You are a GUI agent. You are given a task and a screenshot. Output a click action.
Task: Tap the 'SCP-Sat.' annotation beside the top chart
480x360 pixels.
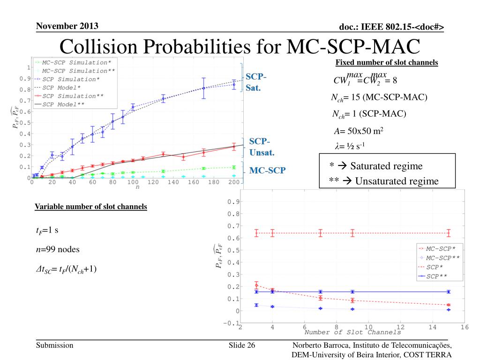pyautogui.click(x=256, y=82)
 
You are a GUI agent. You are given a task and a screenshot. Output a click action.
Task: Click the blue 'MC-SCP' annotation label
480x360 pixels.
pyautogui.click(x=267, y=170)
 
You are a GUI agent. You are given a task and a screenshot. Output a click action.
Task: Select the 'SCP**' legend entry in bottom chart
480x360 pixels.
pyautogui.click(x=439, y=277)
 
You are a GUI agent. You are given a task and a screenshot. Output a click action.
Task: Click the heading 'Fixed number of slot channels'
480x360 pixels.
pyautogui.click(x=387, y=63)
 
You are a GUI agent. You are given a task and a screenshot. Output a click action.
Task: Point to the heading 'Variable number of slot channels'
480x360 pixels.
pyautogui.click(x=91, y=207)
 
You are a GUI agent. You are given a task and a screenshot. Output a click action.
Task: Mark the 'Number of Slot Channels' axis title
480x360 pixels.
pyautogui.click(x=352, y=332)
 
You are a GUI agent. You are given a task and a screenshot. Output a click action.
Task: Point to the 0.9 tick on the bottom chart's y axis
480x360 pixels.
pyautogui.click(x=232, y=202)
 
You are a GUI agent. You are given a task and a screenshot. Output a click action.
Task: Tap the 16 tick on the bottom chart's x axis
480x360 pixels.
pyautogui.click(x=464, y=326)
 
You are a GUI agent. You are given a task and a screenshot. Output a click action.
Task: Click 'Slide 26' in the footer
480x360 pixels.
pyautogui.click(x=242, y=345)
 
